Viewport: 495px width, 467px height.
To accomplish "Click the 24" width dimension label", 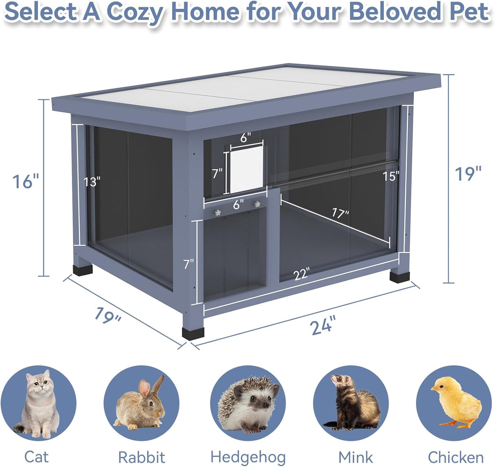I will pyautogui.click(x=323, y=326).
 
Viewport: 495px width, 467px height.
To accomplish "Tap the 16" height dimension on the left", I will pyautogui.click(x=25, y=181).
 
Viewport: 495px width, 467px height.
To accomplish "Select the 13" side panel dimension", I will pyautogui.click(x=92, y=182).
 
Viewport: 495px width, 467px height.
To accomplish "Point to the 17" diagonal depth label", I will pyautogui.click(x=340, y=213).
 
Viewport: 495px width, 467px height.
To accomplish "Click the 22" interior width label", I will pyautogui.click(x=301, y=274).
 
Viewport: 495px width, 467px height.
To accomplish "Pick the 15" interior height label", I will pyautogui.click(x=391, y=176).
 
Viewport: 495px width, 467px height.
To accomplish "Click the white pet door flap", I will pyautogui.click(x=246, y=169).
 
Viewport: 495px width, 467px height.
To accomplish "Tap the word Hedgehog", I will pyautogui.click(x=248, y=457).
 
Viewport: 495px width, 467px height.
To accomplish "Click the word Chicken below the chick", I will pyautogui.click(x=455, y=457).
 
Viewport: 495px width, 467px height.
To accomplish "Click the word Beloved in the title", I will pyautogui.click(x=395, y=12).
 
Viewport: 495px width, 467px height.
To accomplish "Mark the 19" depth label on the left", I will pyautogui.click(x=107, y=315).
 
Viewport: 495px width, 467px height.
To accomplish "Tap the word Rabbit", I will pyautogui.click(x=141, y=457).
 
